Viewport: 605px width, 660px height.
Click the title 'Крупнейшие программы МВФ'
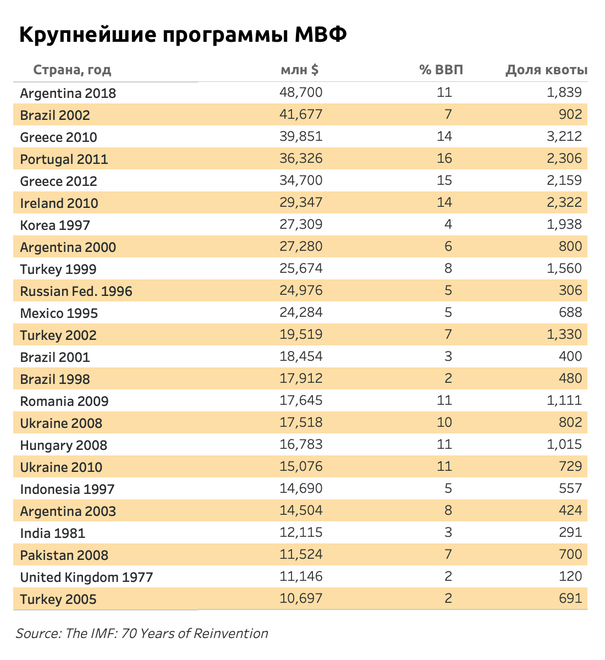pos(183,35)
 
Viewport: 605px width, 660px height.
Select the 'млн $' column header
pos(300,70)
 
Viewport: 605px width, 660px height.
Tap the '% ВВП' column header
pos(441,70)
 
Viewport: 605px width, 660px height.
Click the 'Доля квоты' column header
pos(546,70)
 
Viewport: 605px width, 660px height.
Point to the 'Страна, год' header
pos(72,70)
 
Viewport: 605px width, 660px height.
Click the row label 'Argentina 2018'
pos(68,93)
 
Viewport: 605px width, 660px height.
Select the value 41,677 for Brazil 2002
pos(301,114)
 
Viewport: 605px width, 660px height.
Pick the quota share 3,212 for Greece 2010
pos(564,136)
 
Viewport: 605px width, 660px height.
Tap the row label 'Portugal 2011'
pos(64,159)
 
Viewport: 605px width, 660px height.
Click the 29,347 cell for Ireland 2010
pos(301,202)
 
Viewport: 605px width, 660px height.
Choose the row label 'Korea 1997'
pos(55,225)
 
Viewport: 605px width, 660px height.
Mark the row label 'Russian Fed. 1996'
pos(76,291)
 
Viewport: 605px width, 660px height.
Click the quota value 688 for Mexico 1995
pos(570,312)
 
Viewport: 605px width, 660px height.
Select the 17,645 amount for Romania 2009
pos(301,400)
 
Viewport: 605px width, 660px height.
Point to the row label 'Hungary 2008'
pos(64,445)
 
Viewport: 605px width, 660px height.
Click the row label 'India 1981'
pos(53,533)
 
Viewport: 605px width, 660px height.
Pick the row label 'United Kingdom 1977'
pos(86,577)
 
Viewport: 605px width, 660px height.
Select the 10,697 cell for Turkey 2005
pos(301,598)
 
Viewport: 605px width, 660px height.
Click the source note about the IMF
pos(142,634)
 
